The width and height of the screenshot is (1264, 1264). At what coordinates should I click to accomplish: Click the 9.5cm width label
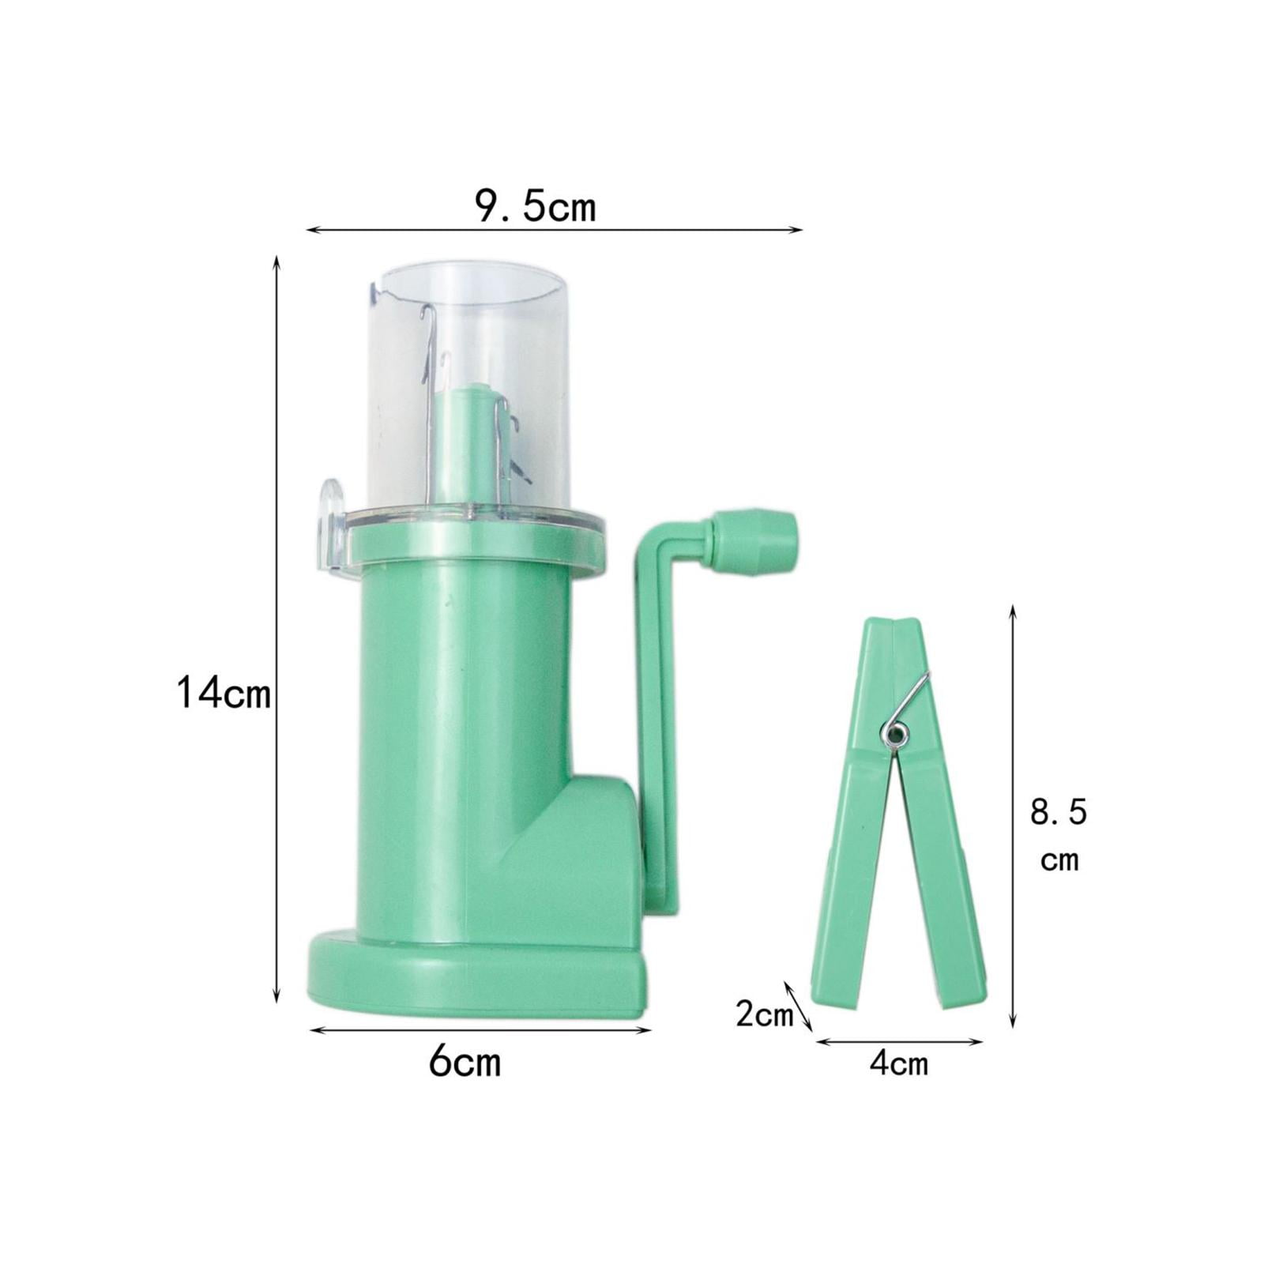tap(535, 207)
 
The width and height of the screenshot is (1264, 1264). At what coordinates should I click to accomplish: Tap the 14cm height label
tap(224, 694)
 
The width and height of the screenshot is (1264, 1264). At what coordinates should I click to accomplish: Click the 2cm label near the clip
tap(764, 1014)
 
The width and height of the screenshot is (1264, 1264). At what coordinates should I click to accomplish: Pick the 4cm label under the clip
tap(899, 1064)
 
